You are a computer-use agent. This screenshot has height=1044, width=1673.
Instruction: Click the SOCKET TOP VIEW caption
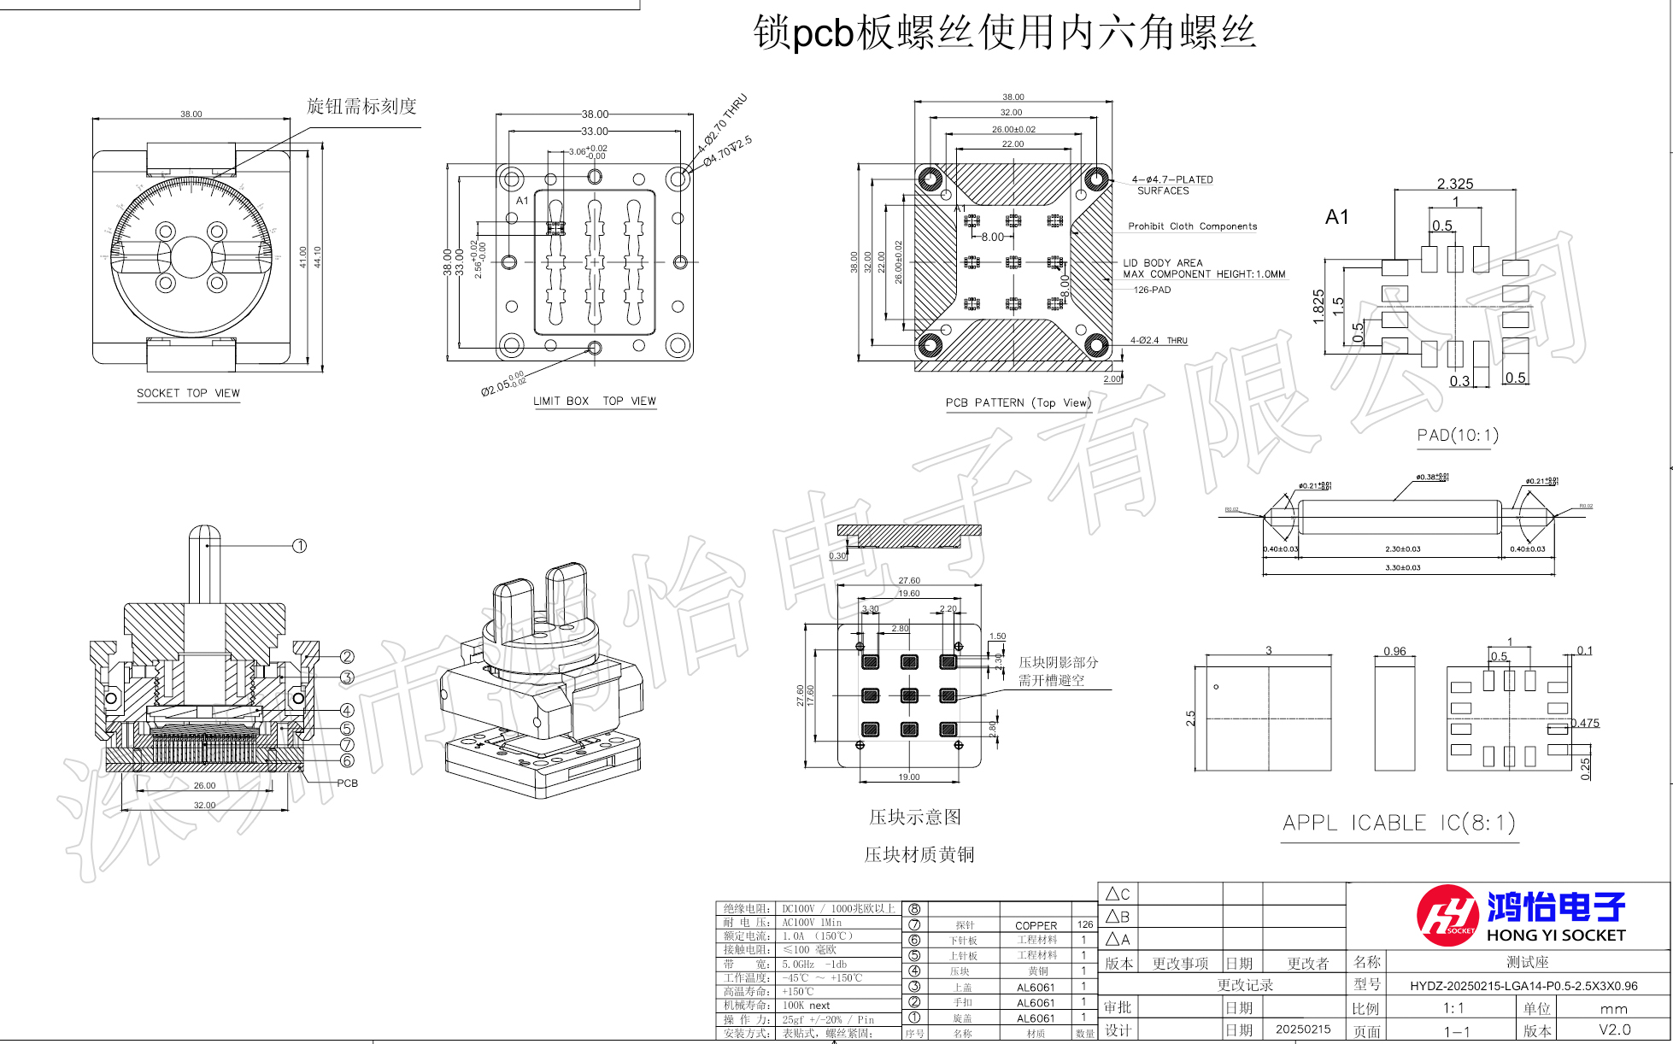click(188, 393)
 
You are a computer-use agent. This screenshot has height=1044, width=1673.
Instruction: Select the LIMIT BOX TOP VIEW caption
click(594, 401)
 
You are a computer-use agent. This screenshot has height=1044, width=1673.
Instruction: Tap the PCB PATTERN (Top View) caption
click(1018, 402)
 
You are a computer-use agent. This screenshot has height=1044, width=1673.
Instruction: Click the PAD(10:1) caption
click(1458, 436)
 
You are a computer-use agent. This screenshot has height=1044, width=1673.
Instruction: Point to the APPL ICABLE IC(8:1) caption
click(1399, 823)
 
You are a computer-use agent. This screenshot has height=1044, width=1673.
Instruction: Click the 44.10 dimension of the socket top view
click(317, 257)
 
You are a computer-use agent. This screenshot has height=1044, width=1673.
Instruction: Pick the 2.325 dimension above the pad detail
click(1455, 184)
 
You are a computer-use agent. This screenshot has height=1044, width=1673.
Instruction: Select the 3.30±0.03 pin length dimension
click(1403, 567)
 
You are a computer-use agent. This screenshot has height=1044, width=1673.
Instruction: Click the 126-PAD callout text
click(1152, 290)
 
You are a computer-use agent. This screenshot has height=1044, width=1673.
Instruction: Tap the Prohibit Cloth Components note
click(1192, 226)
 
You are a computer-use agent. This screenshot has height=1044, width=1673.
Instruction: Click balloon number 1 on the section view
click(299, 546)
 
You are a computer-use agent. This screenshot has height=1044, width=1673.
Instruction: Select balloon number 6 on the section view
click(347, 760)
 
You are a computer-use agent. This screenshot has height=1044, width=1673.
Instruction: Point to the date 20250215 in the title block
click(1303, 1029)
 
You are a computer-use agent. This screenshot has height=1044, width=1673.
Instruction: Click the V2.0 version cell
click(1615, 1029)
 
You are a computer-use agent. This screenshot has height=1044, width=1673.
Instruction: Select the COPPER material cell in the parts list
click(1036, 925)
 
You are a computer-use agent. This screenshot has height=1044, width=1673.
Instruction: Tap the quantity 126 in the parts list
click(1085, 924)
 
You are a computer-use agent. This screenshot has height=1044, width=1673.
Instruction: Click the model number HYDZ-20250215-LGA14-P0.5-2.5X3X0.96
click(1523, 986)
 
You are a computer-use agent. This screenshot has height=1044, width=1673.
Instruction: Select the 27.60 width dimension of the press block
click(909, 580)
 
